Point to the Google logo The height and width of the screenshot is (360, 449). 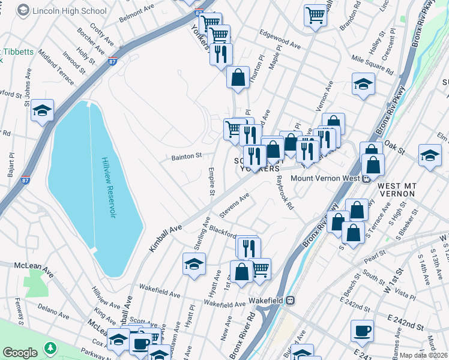(20, 352)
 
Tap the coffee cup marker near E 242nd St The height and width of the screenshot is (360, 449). (362, 331)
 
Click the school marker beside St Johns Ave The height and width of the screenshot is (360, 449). (43, 110)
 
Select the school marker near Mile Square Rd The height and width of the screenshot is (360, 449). (363, 84)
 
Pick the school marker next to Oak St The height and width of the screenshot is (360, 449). (430, 155)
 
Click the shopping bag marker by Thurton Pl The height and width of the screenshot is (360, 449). (238, 77)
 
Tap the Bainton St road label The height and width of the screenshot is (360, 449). (186, 157)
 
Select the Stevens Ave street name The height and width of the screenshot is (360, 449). (234, 206)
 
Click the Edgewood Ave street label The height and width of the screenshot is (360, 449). (279, 40)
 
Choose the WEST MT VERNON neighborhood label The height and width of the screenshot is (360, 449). (397, 190)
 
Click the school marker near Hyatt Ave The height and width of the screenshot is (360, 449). (194, 264)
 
